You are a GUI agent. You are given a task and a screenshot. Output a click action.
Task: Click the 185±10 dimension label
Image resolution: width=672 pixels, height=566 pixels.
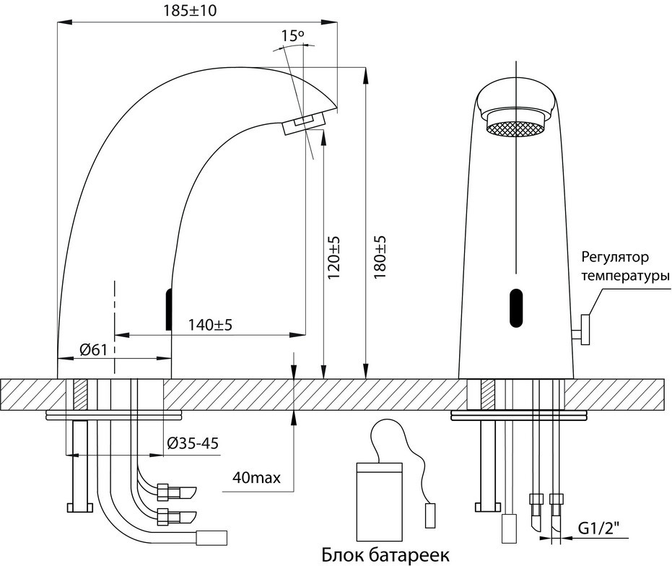pyautogui.click(x=190, y=10)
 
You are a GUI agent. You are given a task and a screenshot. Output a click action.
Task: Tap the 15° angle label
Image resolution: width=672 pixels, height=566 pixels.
pyautogui.click(x=293, y=35)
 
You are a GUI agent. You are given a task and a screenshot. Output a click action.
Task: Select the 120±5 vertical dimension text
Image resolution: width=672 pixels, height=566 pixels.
pyautogui.click(x=333, y=257)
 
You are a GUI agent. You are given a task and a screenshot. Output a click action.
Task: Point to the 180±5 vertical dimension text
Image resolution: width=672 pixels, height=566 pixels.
pyautogui.click(x=380, y=257)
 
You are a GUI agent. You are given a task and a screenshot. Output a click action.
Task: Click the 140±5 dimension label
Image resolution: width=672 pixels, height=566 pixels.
pyautogui.click(x=210, y=325)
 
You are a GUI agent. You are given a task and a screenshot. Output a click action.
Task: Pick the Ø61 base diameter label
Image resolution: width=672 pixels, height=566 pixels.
pyautogui.click(x=93, y=350)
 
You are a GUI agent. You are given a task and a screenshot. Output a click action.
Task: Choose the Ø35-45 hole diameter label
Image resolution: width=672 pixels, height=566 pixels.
pyautogui.click(x=193, y=443)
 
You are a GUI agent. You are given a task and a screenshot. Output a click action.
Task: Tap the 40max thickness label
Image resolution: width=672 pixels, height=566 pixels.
pyautogui.click(x=257, y=476)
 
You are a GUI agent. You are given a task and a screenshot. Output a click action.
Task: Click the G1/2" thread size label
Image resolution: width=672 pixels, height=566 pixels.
pyautogui.click(x=598, y=530)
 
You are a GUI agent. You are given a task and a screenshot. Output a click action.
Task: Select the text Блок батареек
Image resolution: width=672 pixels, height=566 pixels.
pyautogui.click(x=385, y=555)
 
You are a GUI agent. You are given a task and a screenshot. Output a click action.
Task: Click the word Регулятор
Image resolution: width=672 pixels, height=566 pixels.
pyautogui.click(x=615, y=258)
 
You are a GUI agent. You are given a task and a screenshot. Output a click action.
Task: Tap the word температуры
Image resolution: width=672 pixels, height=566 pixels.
pyautogui.click(x=626, y=275)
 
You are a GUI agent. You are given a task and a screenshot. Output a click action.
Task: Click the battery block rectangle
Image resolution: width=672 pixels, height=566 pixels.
pyautogui.click(x=379, y=502)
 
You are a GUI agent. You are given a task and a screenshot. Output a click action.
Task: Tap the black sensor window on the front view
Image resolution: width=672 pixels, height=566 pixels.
pyautogui.click(x=516, y=308)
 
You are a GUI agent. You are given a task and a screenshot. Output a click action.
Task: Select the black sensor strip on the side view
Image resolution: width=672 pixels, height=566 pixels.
pyautogui.click(x=169, y=310)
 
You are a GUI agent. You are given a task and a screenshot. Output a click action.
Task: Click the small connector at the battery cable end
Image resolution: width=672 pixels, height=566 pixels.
pyautogui.click(x=430, y=516)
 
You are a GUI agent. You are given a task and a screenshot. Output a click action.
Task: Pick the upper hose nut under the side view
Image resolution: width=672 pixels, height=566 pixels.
pyautogui.click(x=163, y=492)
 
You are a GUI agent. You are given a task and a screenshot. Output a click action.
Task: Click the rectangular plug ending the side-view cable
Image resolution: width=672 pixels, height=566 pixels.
pyautogui.click(x=211, y=538)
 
